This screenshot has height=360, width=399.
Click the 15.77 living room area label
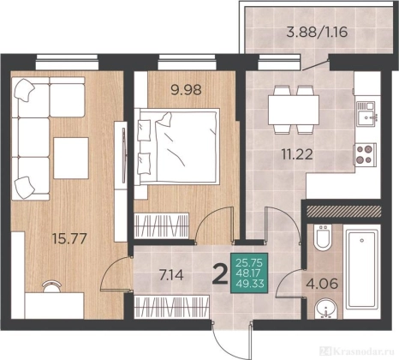click(69, 238)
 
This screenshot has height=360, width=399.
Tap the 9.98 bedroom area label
click(186, 90)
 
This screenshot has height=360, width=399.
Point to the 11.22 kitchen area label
click(297, 155)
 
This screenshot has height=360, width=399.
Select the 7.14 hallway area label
click(171, 275)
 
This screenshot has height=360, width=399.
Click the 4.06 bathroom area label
click(322, 284)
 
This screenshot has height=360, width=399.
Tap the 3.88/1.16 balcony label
click(317, 32)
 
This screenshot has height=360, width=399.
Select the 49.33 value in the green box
click(250, 284)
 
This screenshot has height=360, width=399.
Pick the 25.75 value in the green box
click(250, 262)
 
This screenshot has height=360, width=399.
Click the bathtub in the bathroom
click(362, 270)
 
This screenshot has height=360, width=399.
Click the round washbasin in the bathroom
click(325, 309)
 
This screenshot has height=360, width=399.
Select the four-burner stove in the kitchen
click(365, 154)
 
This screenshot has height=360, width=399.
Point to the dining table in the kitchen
click(294, 110)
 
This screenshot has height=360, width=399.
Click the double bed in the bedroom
click(178, 146)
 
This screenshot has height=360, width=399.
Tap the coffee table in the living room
click(71, 158)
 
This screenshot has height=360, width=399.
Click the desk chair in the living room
click(51, 286)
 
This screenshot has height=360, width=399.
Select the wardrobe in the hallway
click(171, 306)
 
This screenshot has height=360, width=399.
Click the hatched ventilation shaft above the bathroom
click(343, 211)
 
